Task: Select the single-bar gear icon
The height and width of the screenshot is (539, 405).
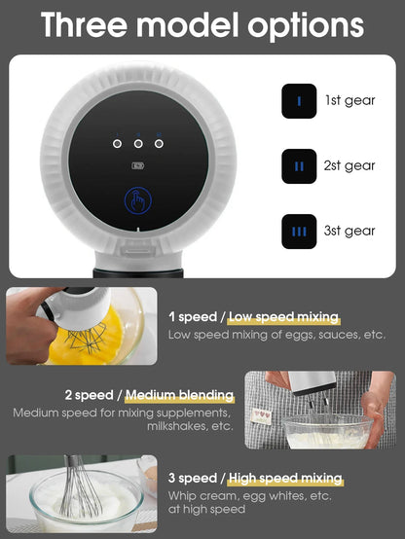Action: (299, 100)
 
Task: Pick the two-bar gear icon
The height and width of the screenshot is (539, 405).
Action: (299, 165)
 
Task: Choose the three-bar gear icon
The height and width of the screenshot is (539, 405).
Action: (299, 231)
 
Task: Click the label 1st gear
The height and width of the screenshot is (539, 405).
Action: (350, 100)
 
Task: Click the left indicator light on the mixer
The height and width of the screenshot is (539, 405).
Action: (117, 143)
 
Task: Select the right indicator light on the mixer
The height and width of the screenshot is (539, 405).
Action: (159, 143)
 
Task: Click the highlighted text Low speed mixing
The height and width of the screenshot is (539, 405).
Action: (284, 317)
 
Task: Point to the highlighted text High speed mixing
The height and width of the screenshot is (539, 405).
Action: (284, 478)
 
